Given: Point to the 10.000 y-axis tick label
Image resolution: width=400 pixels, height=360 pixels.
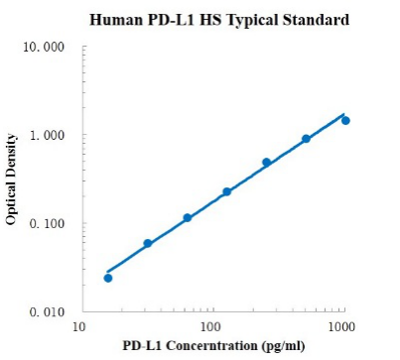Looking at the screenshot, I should [45, 48].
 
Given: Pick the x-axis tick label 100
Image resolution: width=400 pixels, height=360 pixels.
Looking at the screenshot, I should [210, 325].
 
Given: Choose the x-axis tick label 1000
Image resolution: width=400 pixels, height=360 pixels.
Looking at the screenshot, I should [343, 325].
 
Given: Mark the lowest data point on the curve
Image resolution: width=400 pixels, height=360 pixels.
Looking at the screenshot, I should [108, 278].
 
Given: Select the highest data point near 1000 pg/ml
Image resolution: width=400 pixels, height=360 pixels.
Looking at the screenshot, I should [345, 120].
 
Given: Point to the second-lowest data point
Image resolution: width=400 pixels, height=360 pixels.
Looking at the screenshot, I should [148, 243].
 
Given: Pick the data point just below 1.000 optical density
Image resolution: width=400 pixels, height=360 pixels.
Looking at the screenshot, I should [306, 139].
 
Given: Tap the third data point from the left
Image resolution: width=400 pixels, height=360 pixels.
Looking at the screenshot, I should [187, 217].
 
